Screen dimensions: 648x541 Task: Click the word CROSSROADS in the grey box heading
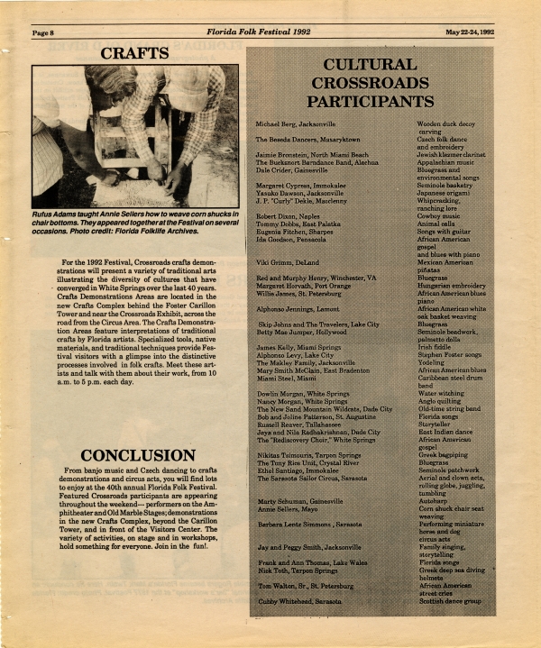(376, 82)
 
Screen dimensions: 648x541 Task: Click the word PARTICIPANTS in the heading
(376, 100)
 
